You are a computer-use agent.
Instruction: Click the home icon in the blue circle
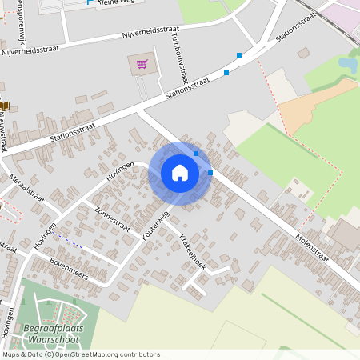tap(180, 173)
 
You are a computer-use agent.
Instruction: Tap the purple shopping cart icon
tap(142, 64)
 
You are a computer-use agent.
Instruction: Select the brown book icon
tap(4, 105)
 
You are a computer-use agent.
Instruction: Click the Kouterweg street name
tap(157, 226)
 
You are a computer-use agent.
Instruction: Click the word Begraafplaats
tap(51, 330)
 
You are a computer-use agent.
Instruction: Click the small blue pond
tap(348, 63)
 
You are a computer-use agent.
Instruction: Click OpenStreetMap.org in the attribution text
tap(97, 354)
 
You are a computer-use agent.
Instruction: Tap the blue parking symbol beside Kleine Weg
tap(89, 2)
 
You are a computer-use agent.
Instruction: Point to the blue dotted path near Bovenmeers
tap(71, 241)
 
